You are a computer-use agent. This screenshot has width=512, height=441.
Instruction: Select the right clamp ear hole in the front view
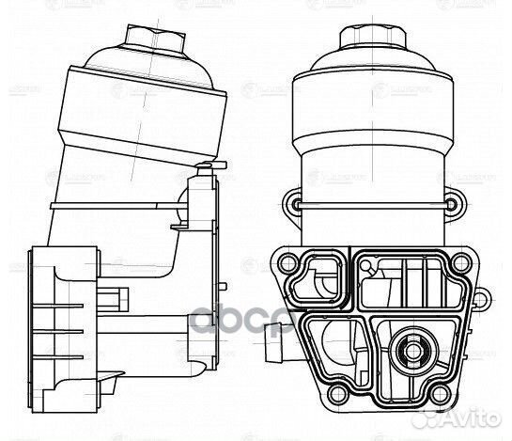click(452, 205)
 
